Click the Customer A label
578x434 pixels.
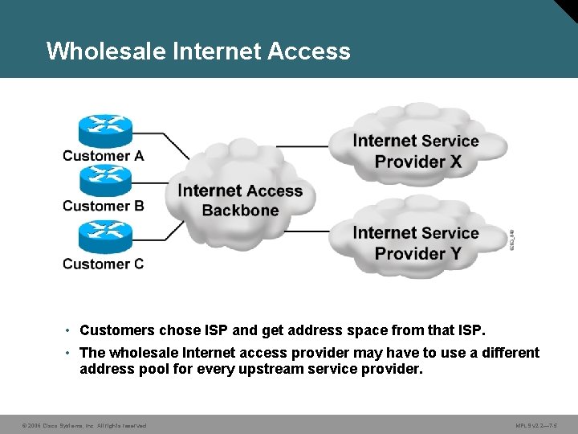(103, 156)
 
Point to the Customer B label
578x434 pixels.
(103, 206)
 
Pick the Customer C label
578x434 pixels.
(103, 264)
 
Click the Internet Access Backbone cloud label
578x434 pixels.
(240, 200)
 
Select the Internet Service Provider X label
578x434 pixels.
(416, 151)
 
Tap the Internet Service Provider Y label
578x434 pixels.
(416, 243)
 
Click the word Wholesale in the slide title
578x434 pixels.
(106, 51)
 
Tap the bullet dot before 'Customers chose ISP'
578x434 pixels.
(70, 330)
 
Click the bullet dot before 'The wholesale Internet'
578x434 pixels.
(70, 353)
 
